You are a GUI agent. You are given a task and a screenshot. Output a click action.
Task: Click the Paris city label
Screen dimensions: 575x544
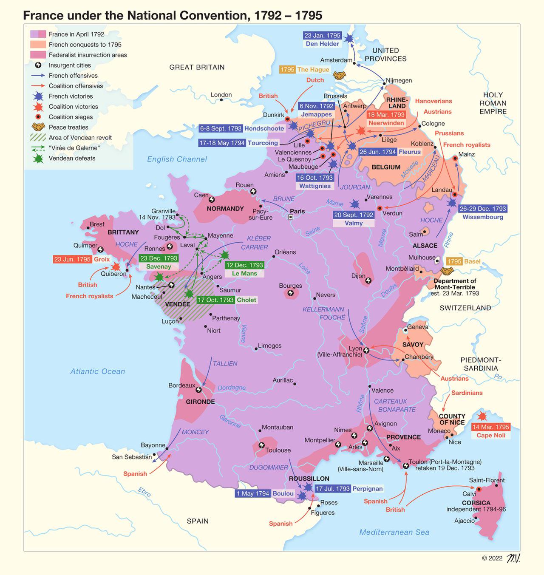click(297, 211)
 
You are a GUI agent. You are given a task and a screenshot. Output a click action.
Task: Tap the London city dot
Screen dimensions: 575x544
click(221, 100)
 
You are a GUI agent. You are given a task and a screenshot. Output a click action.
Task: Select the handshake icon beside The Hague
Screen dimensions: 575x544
click(339, 76)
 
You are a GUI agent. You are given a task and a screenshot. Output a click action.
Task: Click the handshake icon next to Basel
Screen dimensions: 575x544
click(447, 271)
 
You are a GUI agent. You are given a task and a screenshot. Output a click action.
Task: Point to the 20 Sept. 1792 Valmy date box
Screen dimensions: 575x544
click(354, 215)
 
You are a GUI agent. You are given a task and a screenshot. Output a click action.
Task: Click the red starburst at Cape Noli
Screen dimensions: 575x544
click(482, 416)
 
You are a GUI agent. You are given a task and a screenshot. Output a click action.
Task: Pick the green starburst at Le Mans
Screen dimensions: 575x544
click(225, 255)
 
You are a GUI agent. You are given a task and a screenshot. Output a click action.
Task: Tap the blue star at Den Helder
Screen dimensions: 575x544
click(349, 39)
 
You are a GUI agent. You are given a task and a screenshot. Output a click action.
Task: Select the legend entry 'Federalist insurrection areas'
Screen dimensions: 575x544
click(88, 55)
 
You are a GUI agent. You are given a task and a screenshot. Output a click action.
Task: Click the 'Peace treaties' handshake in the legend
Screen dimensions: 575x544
click(38, 127)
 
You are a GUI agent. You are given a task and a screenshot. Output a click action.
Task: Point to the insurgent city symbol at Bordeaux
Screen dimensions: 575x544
click(198, 390)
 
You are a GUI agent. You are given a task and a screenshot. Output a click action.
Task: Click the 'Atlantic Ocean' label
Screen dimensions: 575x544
click(97, 371)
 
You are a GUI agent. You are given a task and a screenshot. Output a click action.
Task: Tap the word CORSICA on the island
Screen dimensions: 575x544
click(476, 503)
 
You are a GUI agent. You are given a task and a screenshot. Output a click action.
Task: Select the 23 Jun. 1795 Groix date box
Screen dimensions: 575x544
click(72, 259)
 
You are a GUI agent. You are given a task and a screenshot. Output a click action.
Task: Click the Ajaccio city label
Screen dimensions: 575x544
click(464, 521)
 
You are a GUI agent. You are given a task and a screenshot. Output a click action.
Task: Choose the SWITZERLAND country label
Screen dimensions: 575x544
click(465, 308)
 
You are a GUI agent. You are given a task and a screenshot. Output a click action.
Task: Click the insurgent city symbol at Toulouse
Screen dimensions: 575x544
click(261, 445)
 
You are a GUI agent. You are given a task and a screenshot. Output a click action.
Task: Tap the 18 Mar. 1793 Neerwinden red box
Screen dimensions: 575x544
click(386, 115)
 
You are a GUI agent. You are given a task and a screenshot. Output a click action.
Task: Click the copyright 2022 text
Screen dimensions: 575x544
click(492, 558)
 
